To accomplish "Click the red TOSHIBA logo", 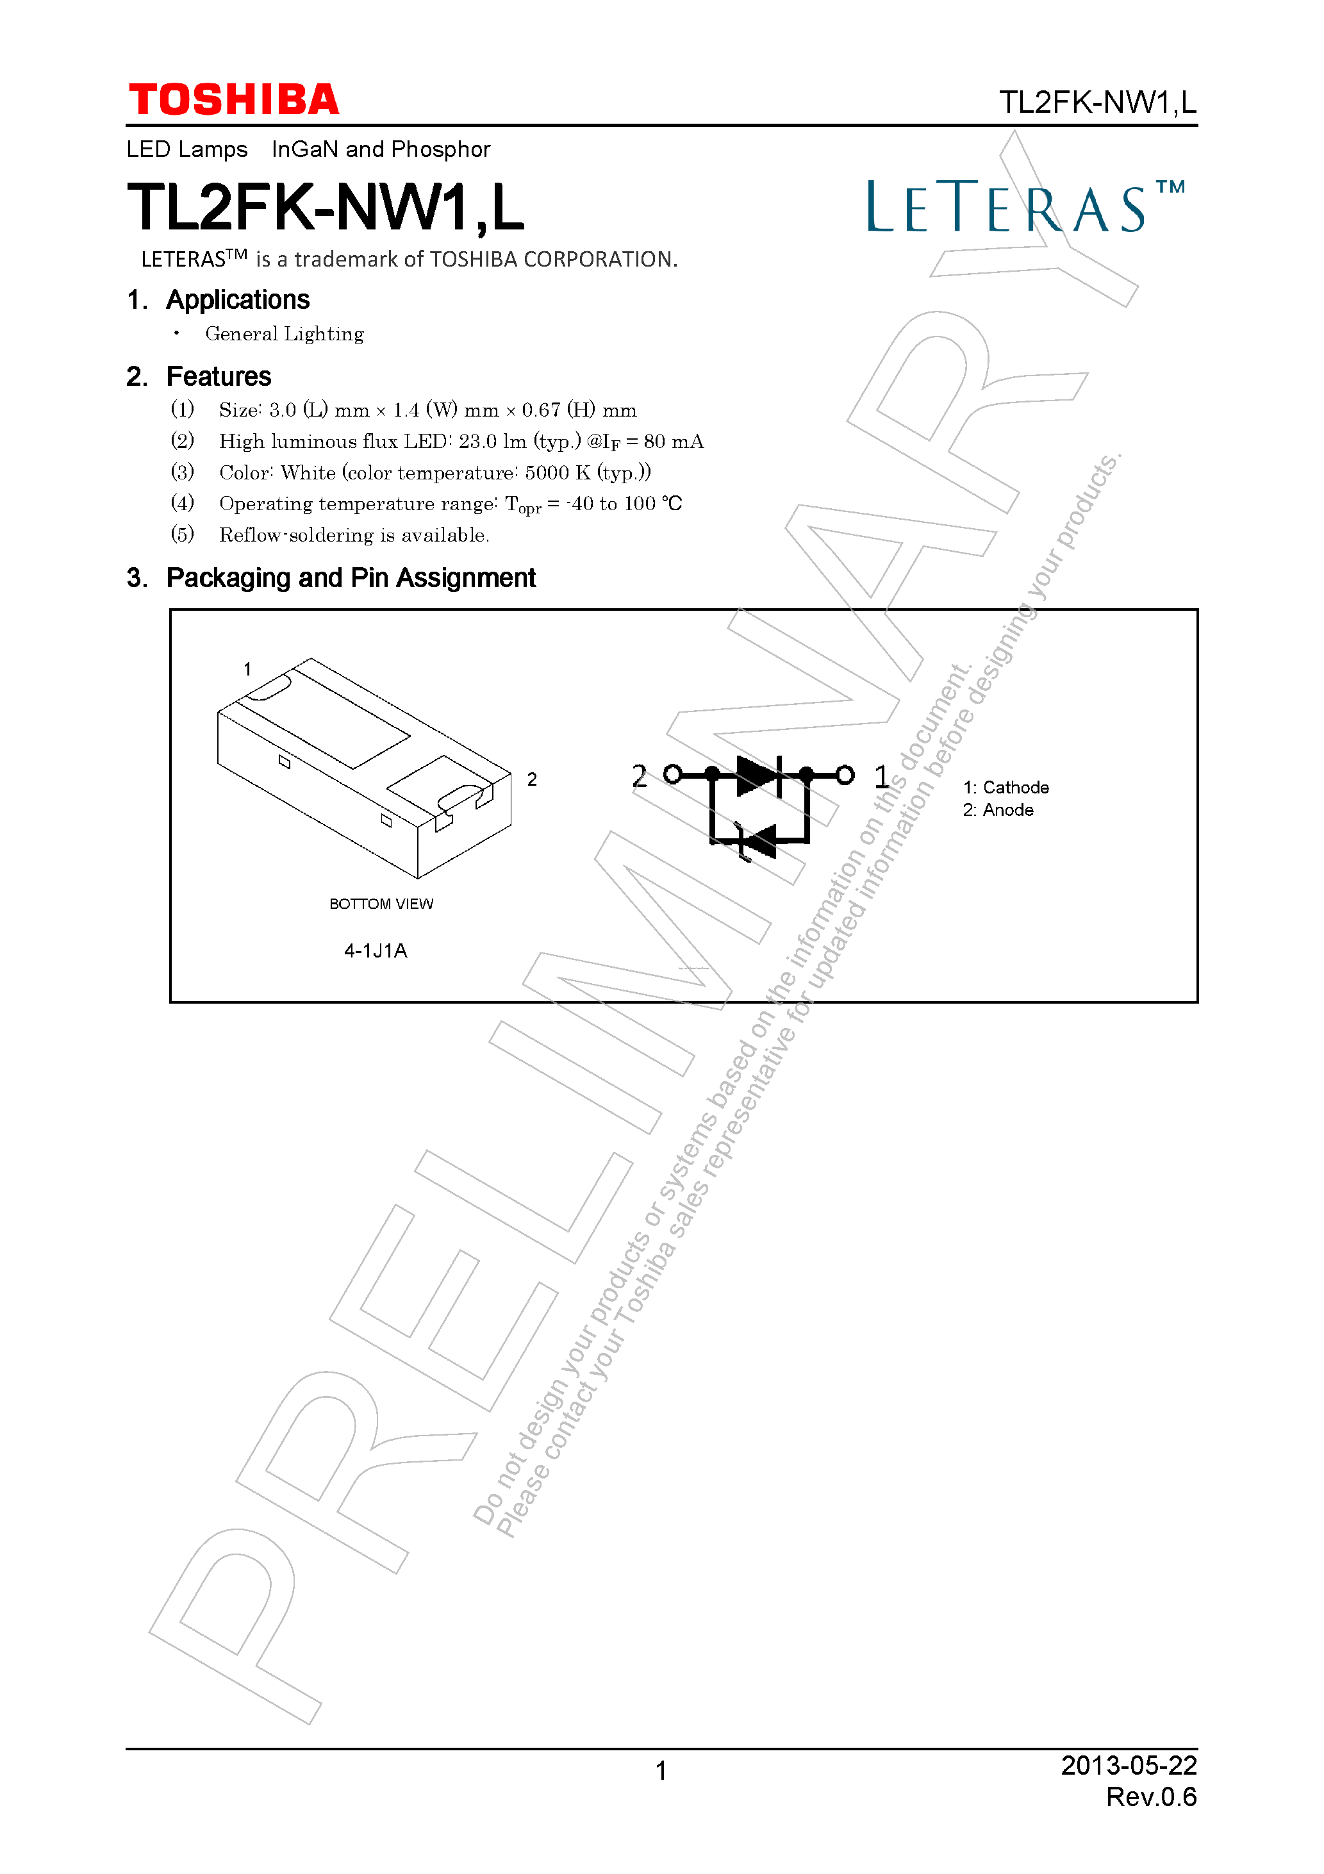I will click(x=233, y=101).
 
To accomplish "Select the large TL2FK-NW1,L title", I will click(x=325, y=208).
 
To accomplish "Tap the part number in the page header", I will click(x=1097, y=103).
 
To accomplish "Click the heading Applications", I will click(x=238, y=301).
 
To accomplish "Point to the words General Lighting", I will click(x=284, y=334).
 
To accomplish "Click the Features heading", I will click(x=218, y=377).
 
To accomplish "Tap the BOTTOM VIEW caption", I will click(x=381, y=904).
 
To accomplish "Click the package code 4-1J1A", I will click(x=376, y=951).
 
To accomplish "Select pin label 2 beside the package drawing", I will click(x=532, y=780).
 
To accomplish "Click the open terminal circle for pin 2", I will click(x=673, y=775).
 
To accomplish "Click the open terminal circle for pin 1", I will click(x=846, y=775).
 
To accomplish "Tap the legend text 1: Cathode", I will click(x=1005, y=788).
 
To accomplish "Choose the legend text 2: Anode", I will click(x=998, y=811).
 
